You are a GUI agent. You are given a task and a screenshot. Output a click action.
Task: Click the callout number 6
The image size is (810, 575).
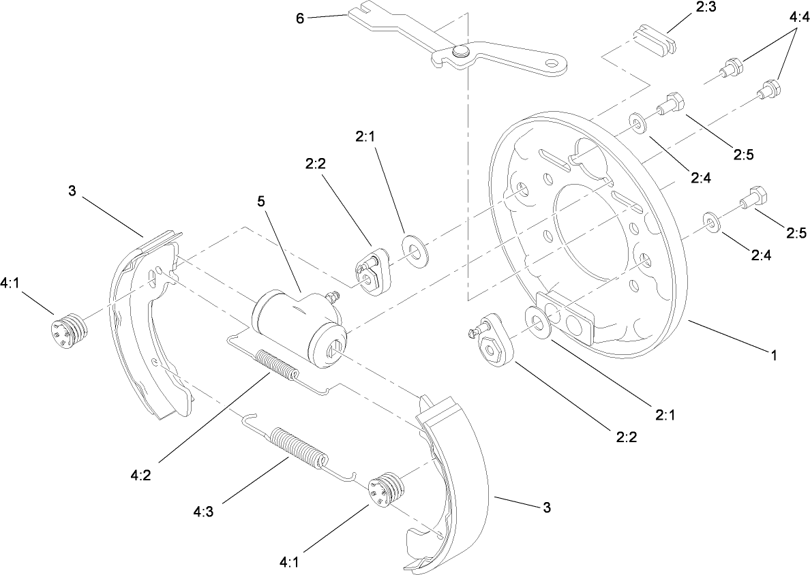click(x=299, y=18)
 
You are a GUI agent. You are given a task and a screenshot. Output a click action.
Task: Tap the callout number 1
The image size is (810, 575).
click(x=773, y=355)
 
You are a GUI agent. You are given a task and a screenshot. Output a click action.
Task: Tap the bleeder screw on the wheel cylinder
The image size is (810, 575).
click(x=333, y=296)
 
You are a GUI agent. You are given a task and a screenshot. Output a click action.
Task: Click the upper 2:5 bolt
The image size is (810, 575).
click(x=671, y=104)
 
